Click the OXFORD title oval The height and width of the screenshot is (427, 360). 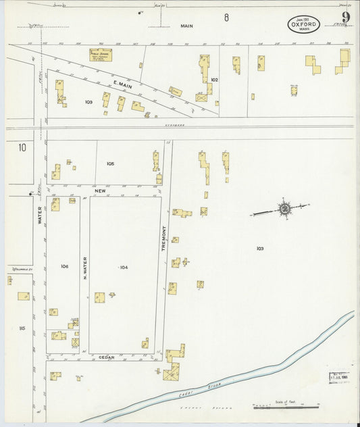[304, 24]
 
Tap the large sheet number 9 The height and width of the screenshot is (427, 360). [345, 18]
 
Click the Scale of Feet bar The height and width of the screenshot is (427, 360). [286, 407]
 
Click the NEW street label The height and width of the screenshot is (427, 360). [101, 191]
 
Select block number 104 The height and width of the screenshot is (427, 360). [124, 268]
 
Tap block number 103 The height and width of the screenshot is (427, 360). [259, 249]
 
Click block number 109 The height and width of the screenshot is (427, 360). [88, 102]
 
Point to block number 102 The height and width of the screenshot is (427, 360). [214, 80]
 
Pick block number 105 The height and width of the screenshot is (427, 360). [110, 164]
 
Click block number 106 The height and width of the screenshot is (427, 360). [64, 266]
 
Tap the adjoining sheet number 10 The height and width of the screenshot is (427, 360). [22, 147]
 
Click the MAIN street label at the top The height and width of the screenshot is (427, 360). [186, 26]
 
